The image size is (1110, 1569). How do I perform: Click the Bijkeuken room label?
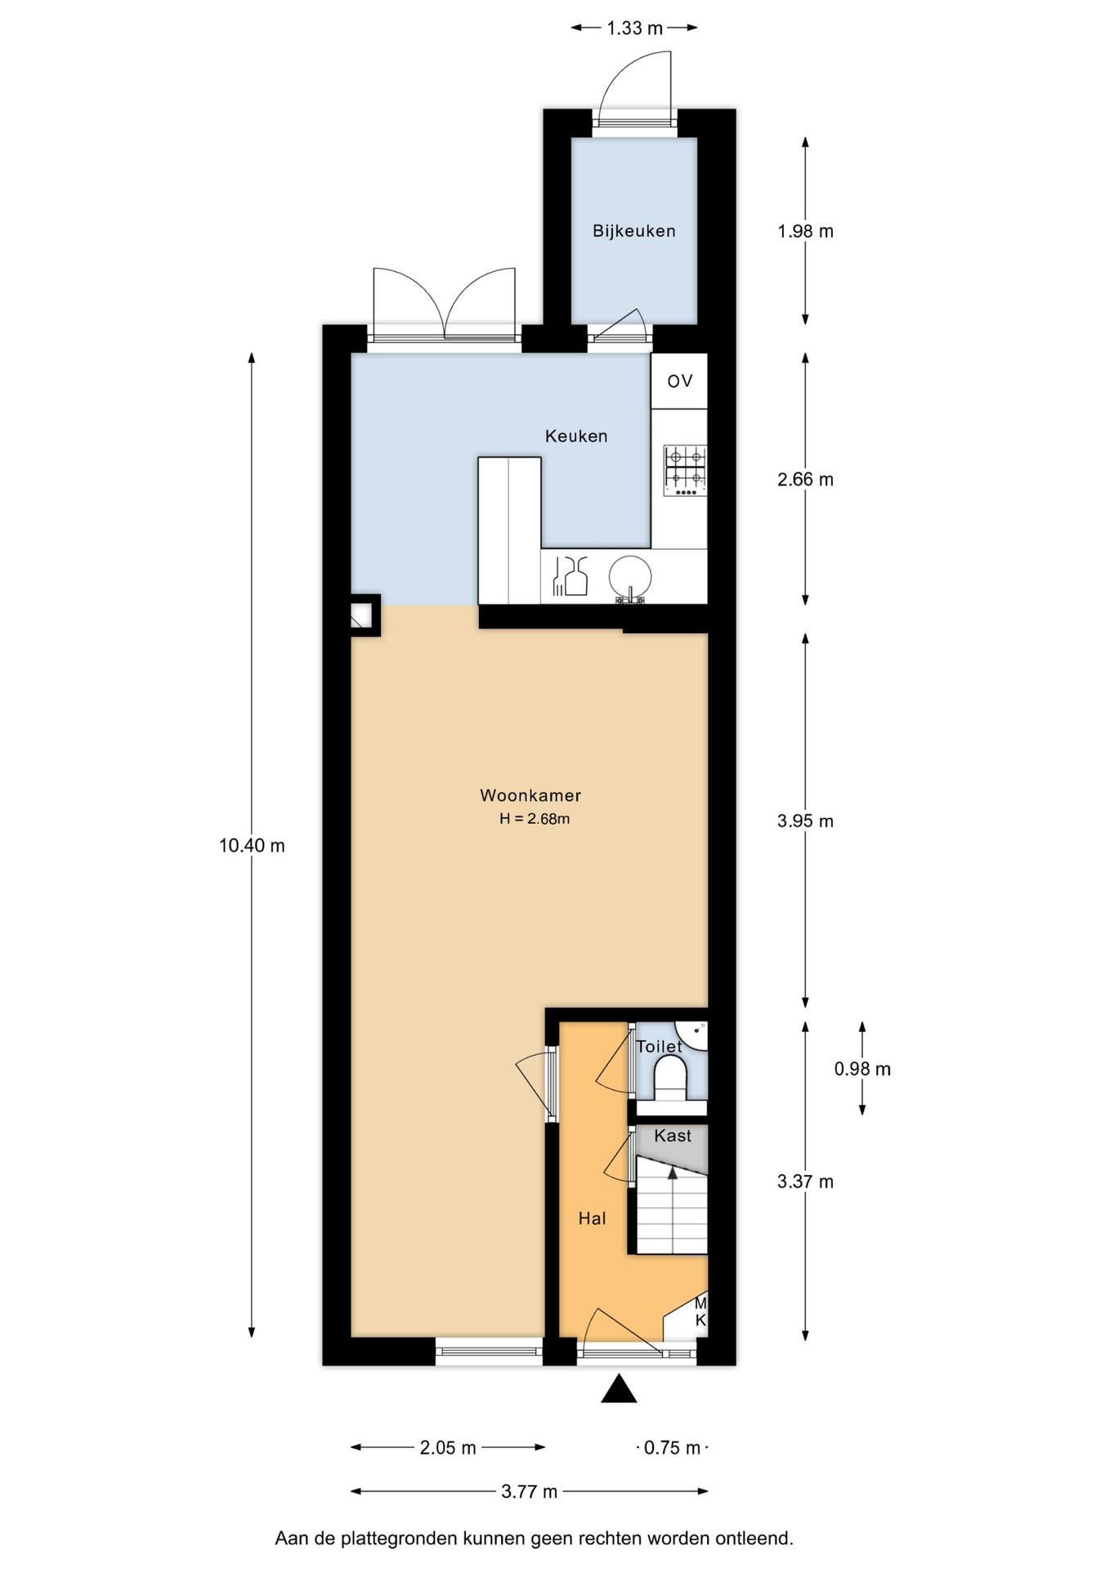coord(634,231)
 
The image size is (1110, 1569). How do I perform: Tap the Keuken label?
coord(576,436)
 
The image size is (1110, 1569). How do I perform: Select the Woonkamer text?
coord(530,795)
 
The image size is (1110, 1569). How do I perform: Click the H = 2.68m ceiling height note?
coord(535,819)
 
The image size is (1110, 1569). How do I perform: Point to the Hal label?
coord(592,1218)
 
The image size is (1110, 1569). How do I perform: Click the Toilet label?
coord(659,1046)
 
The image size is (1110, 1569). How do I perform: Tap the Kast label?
coord(673,1136)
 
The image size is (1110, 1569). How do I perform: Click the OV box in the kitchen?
coord(679,381)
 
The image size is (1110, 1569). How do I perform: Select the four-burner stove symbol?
coord(685,471)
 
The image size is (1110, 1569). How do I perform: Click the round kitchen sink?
coord(630,577)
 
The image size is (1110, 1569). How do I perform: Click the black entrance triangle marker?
coord(619,1388)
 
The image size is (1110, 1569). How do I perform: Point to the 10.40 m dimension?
coord(252,846)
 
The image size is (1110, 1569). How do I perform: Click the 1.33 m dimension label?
coord(634,29)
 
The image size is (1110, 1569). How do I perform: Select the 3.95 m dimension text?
coord(805,821)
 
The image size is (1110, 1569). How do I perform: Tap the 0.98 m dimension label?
coord(862,1069)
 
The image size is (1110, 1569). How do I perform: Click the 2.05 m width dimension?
coord(448,1448)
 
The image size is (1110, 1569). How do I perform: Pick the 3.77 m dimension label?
coord(530,1492)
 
